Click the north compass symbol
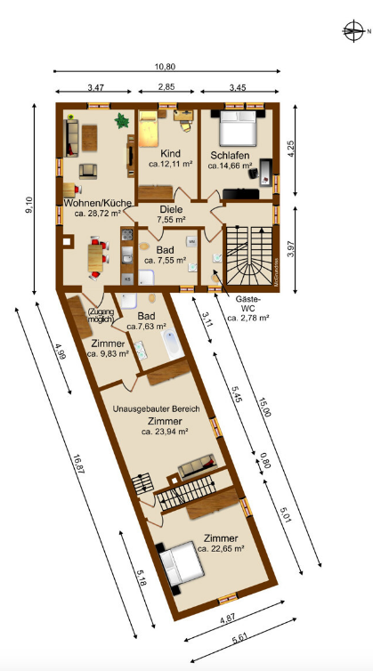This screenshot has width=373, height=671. [354, 32]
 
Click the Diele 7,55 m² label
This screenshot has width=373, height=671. [171, 214]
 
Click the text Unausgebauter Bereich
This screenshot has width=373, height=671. [157, 408]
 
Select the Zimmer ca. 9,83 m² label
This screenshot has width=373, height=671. [108, 347]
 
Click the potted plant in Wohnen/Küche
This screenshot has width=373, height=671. [121, 120]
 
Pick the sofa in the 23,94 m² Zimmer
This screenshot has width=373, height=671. [197, 465]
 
